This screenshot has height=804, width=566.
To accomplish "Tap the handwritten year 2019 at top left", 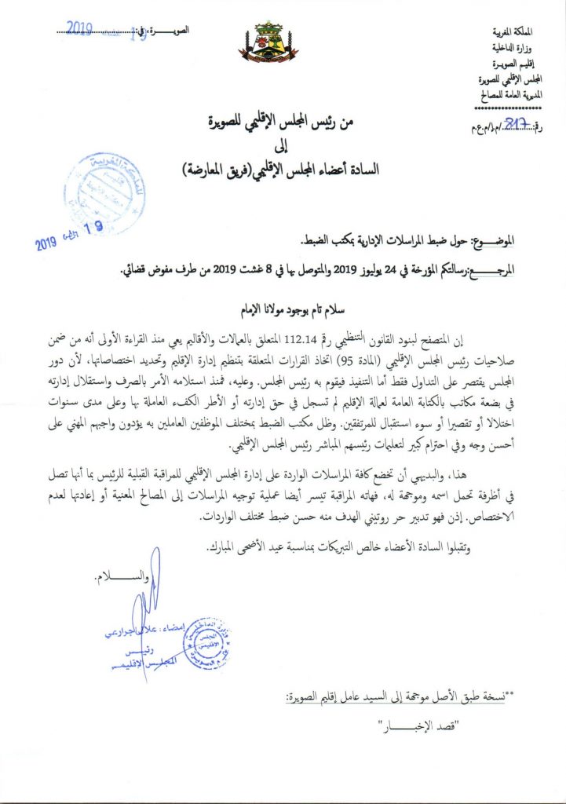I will coord(80,28).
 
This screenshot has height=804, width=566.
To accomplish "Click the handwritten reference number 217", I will coord(515,122).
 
